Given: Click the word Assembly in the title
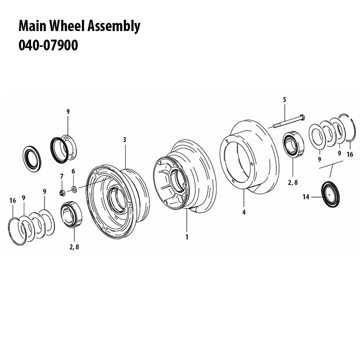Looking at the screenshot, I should pos(116,27).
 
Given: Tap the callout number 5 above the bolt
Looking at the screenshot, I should pos(284,99).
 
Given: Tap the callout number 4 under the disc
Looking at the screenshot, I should pos(243,212).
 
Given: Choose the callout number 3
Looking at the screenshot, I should pos(124,140).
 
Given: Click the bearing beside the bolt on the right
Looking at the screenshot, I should pos(293,145).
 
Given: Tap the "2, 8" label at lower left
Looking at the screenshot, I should pos(75,247).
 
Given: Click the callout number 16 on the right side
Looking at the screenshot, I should pos(351,154).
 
